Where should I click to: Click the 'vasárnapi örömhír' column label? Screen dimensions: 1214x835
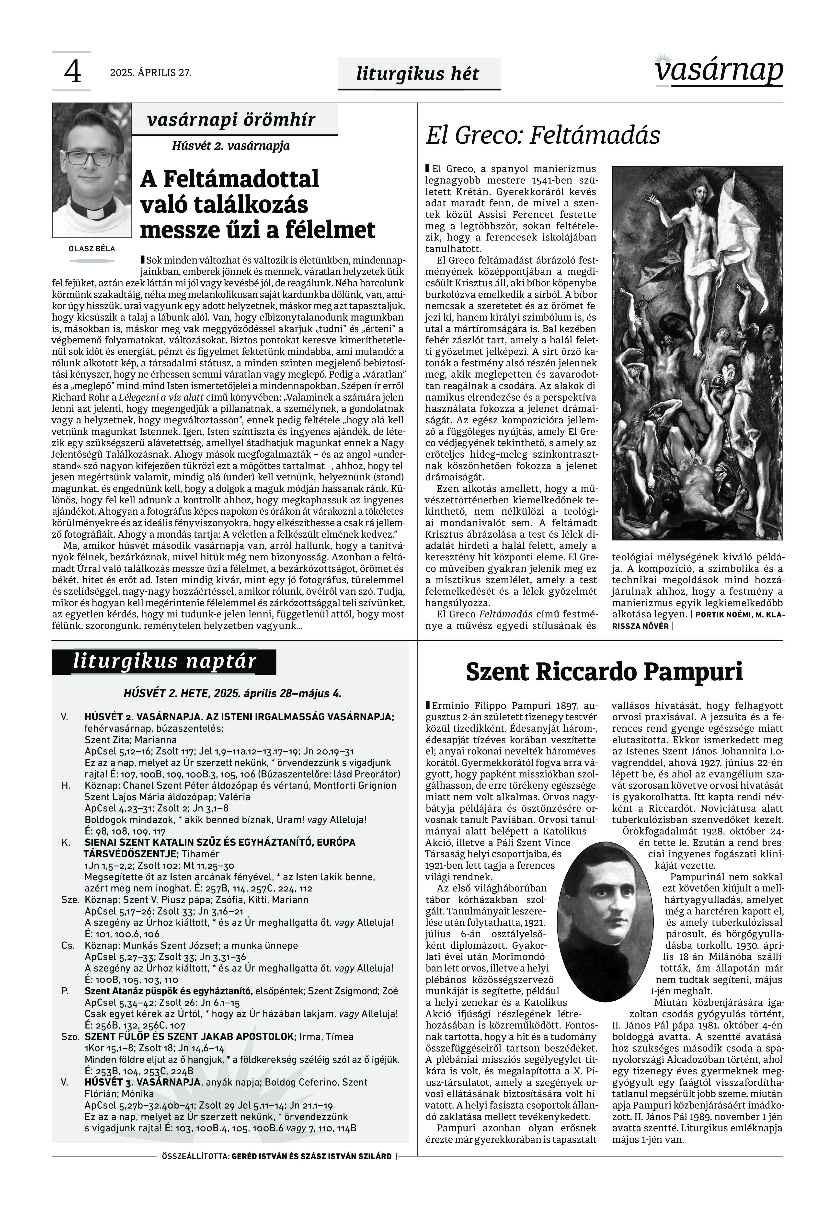[231, 120]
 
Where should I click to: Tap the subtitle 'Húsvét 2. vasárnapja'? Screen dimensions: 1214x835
[231, 145]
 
